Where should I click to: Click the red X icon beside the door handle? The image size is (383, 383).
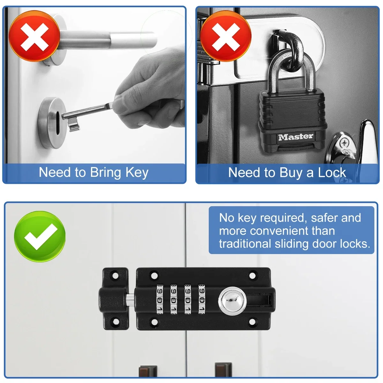(x=34, y=36)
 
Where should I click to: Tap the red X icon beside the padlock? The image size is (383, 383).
(x=226, y=36)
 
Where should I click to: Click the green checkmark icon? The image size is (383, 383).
(x=40, y=237)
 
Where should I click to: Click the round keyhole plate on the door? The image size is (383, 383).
(x=52, y=123)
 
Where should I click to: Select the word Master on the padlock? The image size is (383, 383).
(x=296, y=137)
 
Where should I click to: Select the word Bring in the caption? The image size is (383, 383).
(x=106, y=173)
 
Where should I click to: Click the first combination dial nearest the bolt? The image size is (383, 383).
(x=160, y=299)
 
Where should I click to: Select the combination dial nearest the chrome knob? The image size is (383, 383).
(x=202, y=299)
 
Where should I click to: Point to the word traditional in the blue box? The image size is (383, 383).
(x=245, y=244)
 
